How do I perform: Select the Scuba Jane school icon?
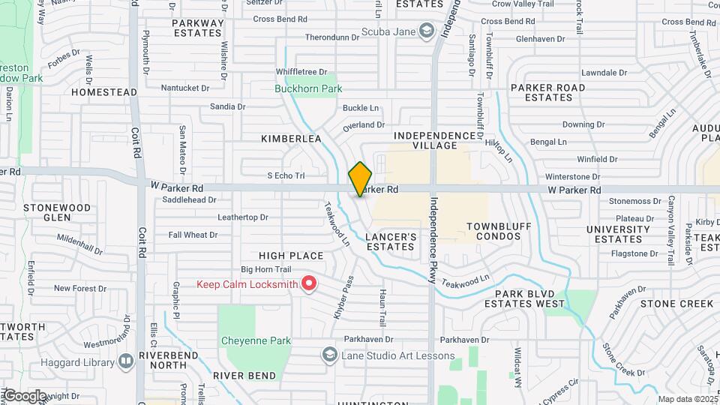click(x=427, y=31)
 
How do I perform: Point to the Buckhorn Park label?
click(x=308, y=88)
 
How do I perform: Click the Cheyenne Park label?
click(x=256, y=340)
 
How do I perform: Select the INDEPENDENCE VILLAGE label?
click(x=436, y=140)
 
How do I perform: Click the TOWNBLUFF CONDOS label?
click(x=493, y=231)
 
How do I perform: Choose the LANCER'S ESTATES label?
click(x=391, y=241)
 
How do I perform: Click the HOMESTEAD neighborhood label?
click(x=104, y=92)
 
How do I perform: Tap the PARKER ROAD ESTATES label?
click(x=548, y=92)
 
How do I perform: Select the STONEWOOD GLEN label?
click(x=57, y=212)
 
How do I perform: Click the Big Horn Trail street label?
click(x=265, y=269)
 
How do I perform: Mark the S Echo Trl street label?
click(x=286, y=175)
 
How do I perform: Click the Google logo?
click(x=25, y=395)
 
